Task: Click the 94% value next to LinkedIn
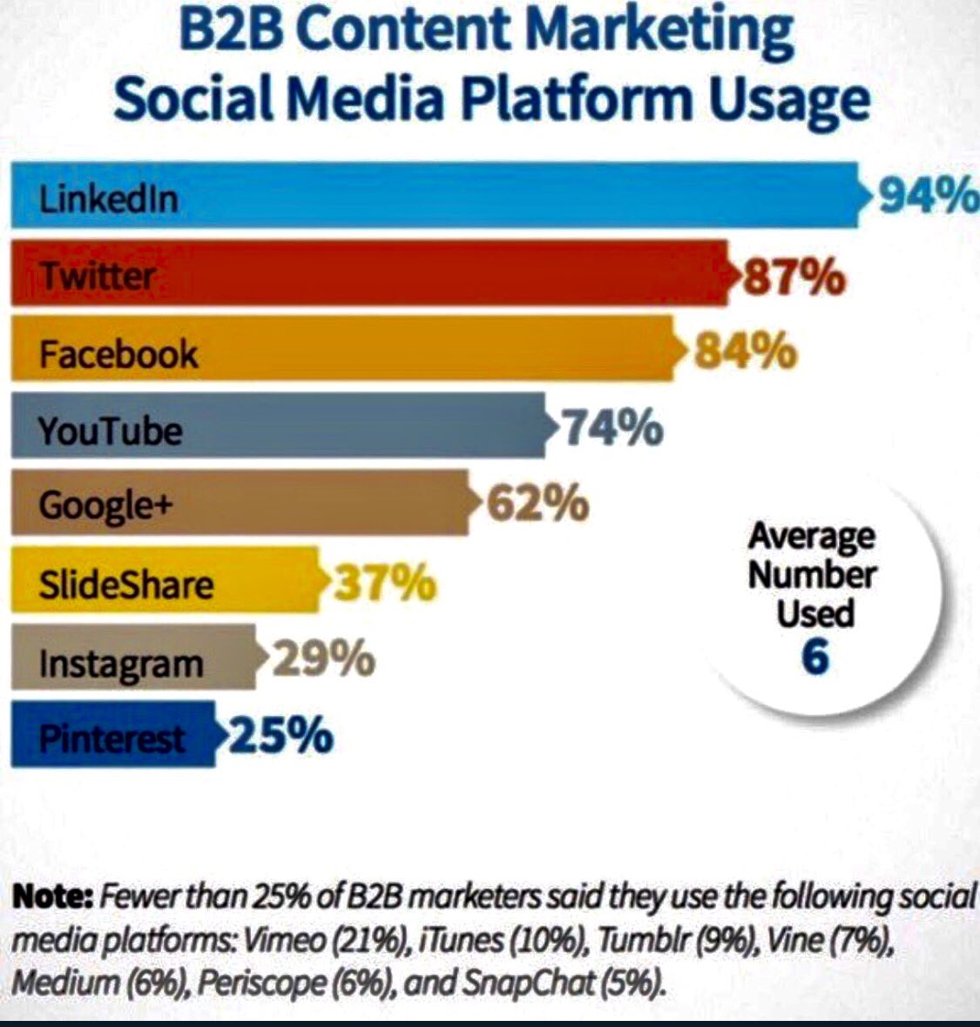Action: click(927, 197)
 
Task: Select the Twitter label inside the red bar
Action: click(98, 276)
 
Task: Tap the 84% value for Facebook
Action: click(746, 352)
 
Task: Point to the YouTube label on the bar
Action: click(111, 430)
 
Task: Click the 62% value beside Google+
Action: click(537, 503)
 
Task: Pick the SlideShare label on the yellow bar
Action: click(125, 584)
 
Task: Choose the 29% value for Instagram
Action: click(324, 659)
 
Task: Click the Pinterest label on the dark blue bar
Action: click(112, 739)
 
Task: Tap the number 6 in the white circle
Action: click(814, 657)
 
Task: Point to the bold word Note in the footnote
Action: click(53, 896)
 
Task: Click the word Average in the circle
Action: click(811, 535)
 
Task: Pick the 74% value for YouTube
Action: click(612, 428)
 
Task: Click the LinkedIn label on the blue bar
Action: click(109, 199)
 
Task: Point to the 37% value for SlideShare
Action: click(384, 583)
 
